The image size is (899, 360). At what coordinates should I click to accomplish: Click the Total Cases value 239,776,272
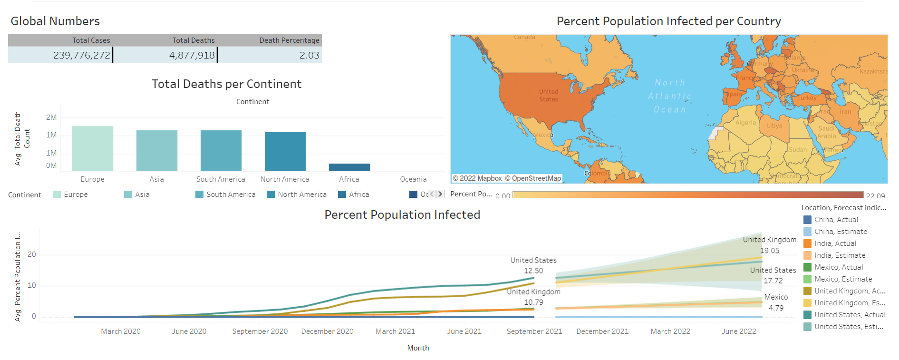(x=81, y=55)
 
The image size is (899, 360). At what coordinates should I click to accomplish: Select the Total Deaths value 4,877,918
(x=192, y=55)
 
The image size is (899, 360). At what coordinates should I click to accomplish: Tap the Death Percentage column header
(x=289, y=40)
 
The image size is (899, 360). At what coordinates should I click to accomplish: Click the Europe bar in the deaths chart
(x=93, y=148)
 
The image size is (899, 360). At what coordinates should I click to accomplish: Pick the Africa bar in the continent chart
(x=349, y=167)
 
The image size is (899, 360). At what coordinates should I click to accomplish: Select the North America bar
(x=285, y=151)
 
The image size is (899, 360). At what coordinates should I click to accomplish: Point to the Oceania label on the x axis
(x=413, y=179)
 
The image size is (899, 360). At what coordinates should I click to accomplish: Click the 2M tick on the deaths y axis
(x=51, y=117)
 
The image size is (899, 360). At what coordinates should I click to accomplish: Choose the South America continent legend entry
(x=231, y=195)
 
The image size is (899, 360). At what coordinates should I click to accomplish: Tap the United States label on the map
(x=549, y=96)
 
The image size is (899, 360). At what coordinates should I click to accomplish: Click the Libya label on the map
(x=774, y=126)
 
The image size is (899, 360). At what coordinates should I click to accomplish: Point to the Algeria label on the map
(x=745, y=123)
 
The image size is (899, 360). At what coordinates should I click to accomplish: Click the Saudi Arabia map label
(x=826, y=132)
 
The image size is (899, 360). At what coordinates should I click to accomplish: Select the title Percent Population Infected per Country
(x=668, y=21)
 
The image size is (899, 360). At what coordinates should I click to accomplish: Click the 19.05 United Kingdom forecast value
(x=770, y=251)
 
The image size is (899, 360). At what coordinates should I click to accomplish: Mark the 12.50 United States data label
(x=533, y=271)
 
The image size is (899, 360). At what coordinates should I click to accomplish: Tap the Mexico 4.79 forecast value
(x=776, y=308)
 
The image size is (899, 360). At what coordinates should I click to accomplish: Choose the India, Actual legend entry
(x=835, y=243)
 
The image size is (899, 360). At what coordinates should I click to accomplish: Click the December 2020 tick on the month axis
(x=327, y=331)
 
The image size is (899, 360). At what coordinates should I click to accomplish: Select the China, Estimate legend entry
(x=841, y=232)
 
